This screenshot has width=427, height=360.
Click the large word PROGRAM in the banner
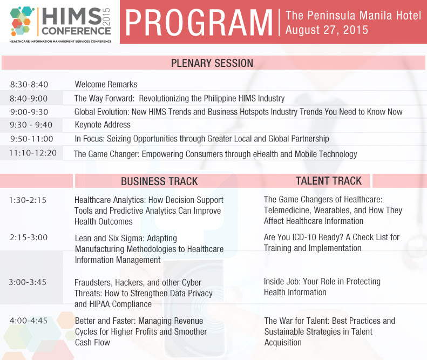click(x=199, y=22)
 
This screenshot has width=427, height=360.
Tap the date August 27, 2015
click(x=327, y=30)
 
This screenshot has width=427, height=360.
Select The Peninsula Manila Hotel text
click(x=353, y=15)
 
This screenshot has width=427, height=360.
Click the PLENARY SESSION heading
click(x=212, y=63)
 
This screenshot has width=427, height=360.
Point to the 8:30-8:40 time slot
click(x=29, y=85)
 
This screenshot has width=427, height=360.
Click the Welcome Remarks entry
click(x=106, y=85)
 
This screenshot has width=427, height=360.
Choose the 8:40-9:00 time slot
click(x=29, y=99)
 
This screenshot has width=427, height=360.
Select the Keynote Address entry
click(x=103, y=125)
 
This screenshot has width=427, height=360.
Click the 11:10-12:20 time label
click(x=33, y=153)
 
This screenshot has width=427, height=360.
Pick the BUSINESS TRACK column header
click(x=159, y=181)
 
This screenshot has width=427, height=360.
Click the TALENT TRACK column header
click(x=329, y=181)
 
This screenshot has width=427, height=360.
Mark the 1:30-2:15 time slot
click(x=28, y=200)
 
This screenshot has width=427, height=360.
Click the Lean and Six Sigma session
click(x=149, y=249)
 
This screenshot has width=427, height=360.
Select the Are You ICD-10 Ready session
click(x=331, y=243)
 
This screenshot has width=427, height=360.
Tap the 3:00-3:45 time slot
click(x=28, y=282)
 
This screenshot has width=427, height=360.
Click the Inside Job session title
click(x=322, y=287)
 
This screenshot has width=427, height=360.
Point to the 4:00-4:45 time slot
click(x=29, y=321)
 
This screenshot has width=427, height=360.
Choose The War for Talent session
click(x=329, y=331)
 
